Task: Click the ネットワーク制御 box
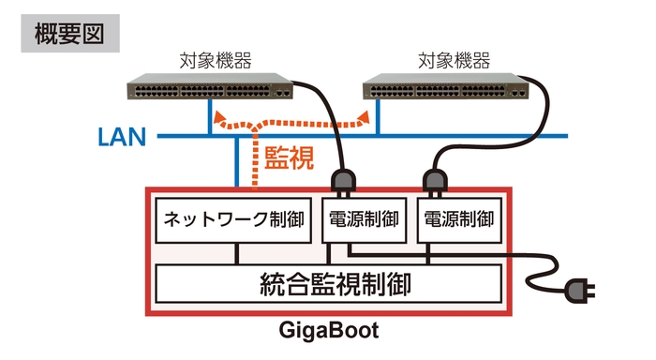(233, 221)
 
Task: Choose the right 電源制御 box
(458, 221)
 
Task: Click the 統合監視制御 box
(327, 283)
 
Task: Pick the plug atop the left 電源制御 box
(341, 180)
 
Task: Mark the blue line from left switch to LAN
(209, 118)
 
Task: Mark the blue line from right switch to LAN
(377, 118)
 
